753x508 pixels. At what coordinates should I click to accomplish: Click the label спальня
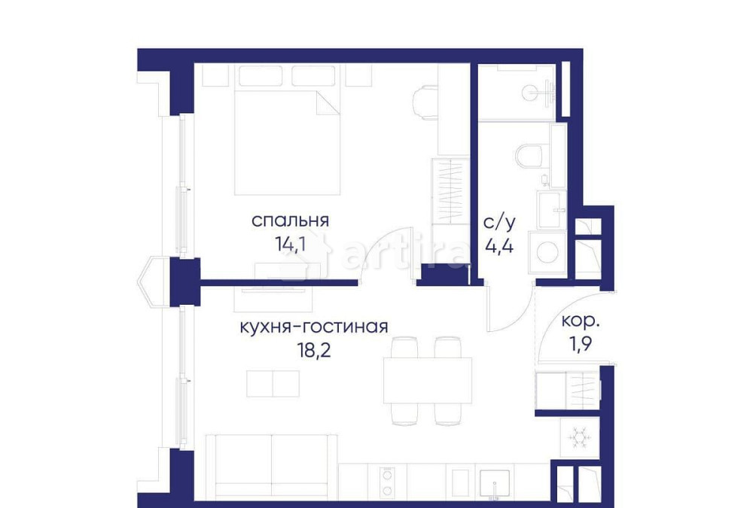coord(290,221)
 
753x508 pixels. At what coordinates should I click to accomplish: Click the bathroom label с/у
coord(498,223)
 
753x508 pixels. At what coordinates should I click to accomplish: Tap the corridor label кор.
coord(581,321)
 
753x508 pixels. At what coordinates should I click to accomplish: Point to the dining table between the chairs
coord(417,380)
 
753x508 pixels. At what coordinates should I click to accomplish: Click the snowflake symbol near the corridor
coord(579,437)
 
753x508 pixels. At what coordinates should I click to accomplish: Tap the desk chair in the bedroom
coord(426,102)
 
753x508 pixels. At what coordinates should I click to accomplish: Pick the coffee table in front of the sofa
coord(273,382)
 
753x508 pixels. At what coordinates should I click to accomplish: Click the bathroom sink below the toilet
coord(553,203)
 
